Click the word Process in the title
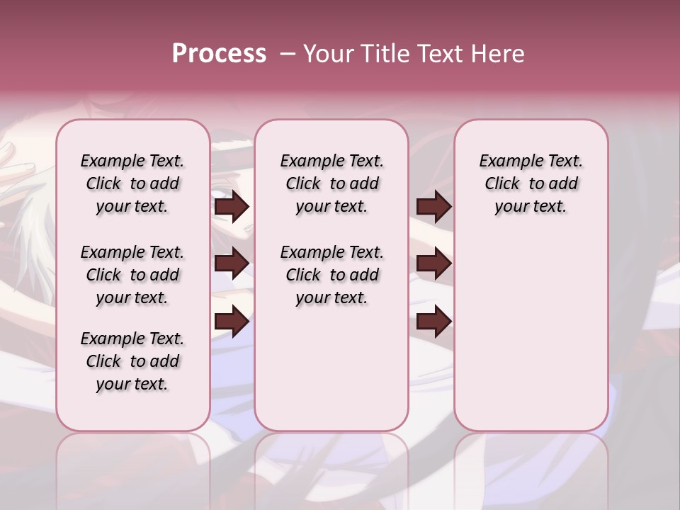pyautogui.click(x=219, y=54)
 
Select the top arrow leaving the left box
pyautogui.click(x=232, y=207)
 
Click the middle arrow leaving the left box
pyautogui.click(x=232, y=263)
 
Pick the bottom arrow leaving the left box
pyautogui.click(x=232, y=322)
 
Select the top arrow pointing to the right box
pyautogui.click(x=433, y=207)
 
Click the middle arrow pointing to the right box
pyautogui.click(x=433, y=263)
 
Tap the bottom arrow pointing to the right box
pyautogui.click(x=433, y=322)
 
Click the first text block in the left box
pyautogui.click(x=132, y=183)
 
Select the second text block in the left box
pyautogui.click(x=132, y=275)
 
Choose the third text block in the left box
pyautogui.click(x=132, y=361)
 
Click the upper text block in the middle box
pyautogui.click(x=331, y=183)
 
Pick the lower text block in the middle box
pyautogui.click(x=331, y=275)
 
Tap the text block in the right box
pyautogui.click(x=531, y=183)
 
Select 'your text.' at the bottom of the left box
pyautogui.click(x=132, y=384)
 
